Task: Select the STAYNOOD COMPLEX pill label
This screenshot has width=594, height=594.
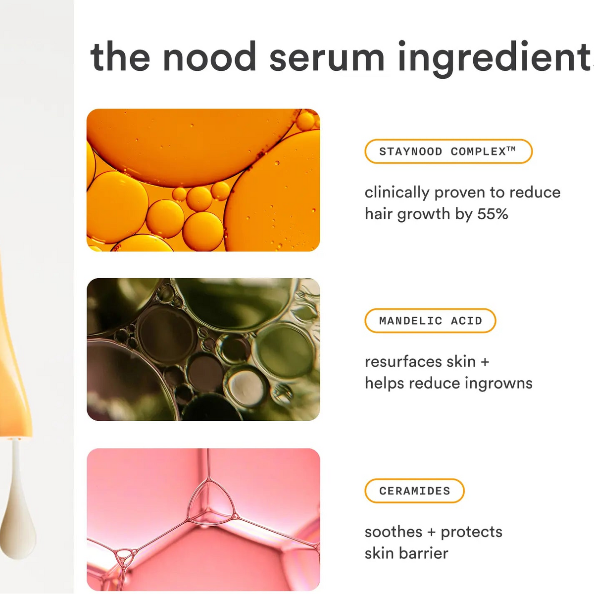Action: point(448,151)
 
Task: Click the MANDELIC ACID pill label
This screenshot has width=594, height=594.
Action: point(430,321)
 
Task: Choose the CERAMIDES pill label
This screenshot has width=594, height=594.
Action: point(414,491)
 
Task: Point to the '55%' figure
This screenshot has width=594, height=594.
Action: point(493,214)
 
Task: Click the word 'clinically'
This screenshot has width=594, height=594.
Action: point(397,193)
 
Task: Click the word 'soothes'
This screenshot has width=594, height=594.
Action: point(394,532)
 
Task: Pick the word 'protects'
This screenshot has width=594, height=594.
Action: point(471,533)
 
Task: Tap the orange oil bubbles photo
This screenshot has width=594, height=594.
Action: point(203,180)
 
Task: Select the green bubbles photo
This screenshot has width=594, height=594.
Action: point(203,349)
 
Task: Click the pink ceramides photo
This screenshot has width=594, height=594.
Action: point(203,520)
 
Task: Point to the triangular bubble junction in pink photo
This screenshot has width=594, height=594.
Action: point(211,500)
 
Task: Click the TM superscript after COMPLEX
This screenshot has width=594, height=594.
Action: point(511,149)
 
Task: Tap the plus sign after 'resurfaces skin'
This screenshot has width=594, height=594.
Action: point(485,362)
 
